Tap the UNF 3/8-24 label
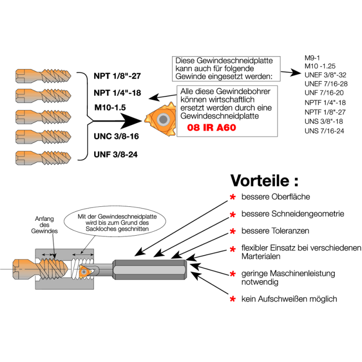point(116,154)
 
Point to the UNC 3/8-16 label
point(116,136)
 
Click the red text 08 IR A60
point(212,128)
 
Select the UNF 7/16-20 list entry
point(324,92)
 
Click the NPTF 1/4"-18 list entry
point(325,102)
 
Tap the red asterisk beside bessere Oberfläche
point(233,197)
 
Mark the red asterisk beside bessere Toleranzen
point(233,232)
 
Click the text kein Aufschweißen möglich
point(289,299)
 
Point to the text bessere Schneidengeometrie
point(293,214)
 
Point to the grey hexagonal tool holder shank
point(149,269)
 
